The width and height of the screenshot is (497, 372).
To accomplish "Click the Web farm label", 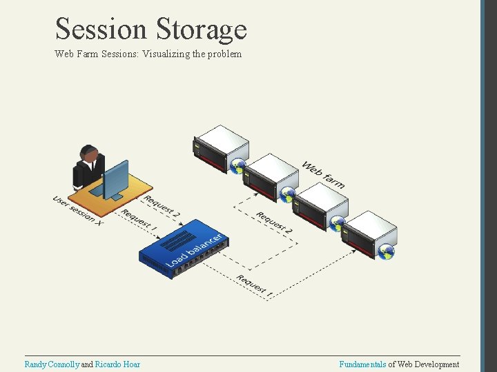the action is coord(323,175).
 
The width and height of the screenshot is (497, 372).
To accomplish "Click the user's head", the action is coord(88,153).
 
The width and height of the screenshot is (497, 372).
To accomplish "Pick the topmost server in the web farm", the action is coord(220,147).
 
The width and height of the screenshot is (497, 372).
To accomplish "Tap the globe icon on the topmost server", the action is coord(238,166).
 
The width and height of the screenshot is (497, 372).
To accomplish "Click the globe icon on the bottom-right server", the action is coord(387,252).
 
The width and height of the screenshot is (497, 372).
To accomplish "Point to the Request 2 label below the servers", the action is coord(274,223).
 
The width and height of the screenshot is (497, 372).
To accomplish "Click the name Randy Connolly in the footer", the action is coord(52,364).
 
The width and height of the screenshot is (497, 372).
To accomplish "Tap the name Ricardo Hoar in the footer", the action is coord(117,364).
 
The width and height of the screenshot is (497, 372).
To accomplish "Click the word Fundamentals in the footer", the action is coord(362,364).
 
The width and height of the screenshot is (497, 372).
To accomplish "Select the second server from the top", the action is coord(271,176).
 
